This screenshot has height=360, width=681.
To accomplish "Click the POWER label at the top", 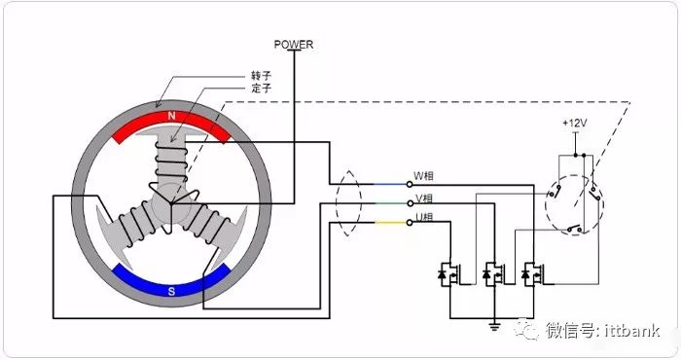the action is [x=294, y=45].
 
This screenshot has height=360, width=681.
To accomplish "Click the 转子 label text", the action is [x=261, y=76].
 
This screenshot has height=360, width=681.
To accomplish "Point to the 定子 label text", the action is [x=261, y=89].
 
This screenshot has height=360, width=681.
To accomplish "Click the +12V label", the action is [x=575, y=124].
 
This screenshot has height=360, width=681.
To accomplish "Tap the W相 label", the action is [x=423, y=176].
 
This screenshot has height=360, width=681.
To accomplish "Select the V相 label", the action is [x=424, y=198].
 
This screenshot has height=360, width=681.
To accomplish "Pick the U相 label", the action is [x=424, y=217].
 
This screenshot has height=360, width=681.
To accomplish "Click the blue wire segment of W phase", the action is [x=390, y=184].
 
